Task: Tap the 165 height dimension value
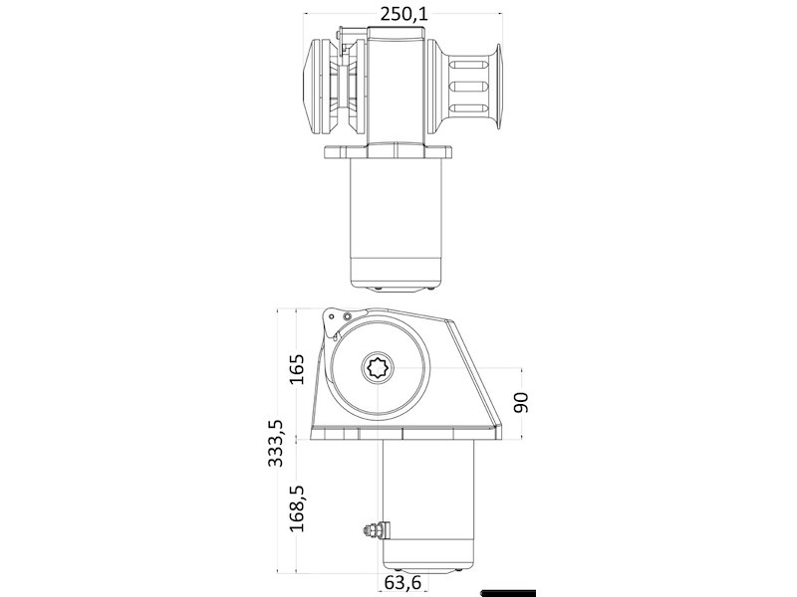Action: pos(296,371)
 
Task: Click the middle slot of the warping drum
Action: pos(469,87)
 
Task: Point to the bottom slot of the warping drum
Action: pos(469,108)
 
